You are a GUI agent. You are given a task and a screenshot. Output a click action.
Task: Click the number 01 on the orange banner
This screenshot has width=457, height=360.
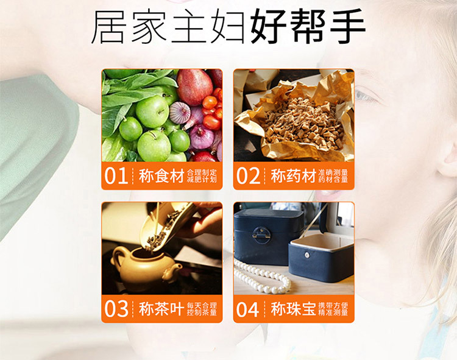coord(116,175)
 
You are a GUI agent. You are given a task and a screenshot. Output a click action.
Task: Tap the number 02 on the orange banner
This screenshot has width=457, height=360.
coord(248,175)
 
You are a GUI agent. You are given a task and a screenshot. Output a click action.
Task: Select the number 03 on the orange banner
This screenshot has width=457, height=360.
coord(116,309)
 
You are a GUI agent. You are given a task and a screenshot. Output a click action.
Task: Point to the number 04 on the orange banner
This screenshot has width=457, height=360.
coord(248,309)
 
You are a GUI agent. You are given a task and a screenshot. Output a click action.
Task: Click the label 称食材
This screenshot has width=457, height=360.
coord(161,175)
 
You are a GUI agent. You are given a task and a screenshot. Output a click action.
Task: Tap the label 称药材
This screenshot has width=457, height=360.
coord(294,175)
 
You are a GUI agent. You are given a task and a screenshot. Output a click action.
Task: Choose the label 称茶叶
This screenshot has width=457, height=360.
coord(161,309)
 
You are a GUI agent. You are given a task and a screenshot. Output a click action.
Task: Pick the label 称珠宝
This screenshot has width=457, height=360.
coord(294,309)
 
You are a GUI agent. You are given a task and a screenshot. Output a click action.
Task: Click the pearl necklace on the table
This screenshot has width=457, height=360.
coord(262,277)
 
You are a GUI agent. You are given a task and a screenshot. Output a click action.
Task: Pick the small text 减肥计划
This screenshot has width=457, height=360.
coord(202,180)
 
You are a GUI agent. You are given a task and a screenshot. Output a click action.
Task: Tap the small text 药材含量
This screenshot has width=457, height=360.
coord(333,180)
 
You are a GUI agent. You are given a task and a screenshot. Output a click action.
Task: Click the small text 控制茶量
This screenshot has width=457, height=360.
coord(202,312)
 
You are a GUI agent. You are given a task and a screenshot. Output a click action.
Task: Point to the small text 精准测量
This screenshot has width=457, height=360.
coord(333,312)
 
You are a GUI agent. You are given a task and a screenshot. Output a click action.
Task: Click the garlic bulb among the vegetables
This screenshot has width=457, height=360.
coord(180,113)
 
